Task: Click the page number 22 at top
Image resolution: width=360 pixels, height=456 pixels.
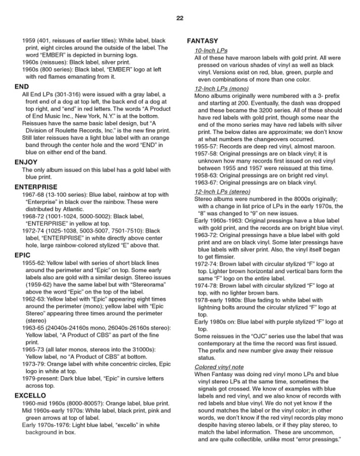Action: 180,18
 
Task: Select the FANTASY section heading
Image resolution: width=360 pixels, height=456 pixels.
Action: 202,40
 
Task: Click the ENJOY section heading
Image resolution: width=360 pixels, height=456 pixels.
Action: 26,162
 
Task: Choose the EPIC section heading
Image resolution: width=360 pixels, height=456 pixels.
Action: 23,256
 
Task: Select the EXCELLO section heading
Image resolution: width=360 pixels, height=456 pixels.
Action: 30,395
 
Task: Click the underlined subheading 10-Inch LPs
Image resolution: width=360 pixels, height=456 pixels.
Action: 211,50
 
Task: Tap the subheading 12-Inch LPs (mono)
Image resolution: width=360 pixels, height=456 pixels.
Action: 221,89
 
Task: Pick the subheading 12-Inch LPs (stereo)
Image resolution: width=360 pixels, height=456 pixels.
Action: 223,192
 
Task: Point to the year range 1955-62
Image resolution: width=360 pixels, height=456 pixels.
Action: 34,264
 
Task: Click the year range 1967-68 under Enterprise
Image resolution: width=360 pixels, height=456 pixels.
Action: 34,195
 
